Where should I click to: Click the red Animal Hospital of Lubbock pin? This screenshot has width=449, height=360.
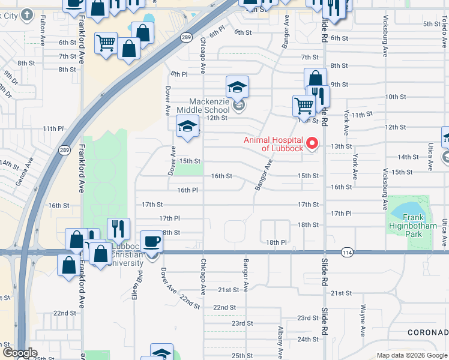click(x=312, y=143)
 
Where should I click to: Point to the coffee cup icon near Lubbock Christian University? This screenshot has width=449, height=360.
click(x=151, y=242)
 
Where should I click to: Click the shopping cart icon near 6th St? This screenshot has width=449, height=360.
click(x=106, y=43)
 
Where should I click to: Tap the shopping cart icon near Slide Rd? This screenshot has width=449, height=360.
click(x=304, y=106)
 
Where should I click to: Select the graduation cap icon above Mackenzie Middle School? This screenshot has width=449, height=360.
click(x=237, y=86)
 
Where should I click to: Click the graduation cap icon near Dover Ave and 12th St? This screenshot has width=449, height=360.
click(x=187, y=126)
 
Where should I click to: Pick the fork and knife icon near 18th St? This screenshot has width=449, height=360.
click(x=118, y=229)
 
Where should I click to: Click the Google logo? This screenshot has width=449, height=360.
click(x=19, y=353)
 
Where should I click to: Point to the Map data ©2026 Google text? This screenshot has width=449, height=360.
click(x=411, y=355)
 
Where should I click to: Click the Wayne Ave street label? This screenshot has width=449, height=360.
click(x=363, y=321)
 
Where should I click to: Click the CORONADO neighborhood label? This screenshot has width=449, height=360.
click(x=428, y=332)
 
